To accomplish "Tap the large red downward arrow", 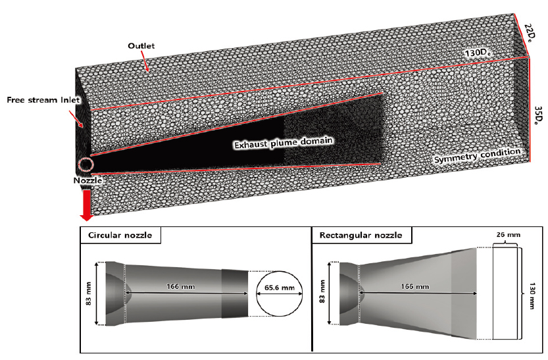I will click(86, 205).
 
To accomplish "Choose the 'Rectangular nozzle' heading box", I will click(359, 235).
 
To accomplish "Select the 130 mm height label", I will click(531, 290).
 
